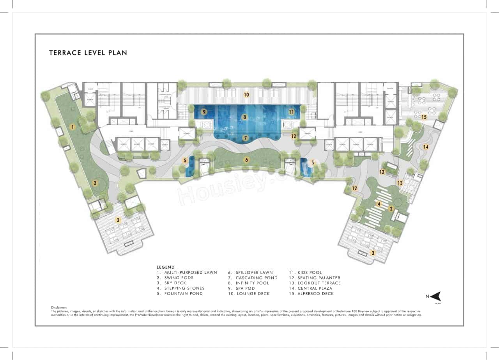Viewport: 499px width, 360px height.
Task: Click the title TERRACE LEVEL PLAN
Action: [x=88, y=53]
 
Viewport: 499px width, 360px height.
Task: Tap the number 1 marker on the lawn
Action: [x=72, y=127]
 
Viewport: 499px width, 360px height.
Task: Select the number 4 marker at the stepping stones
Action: [x=378, y=204]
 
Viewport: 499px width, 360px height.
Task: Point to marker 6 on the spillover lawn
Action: [x=246, y=160]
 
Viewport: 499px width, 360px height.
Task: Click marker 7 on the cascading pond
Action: [x=245, y=138]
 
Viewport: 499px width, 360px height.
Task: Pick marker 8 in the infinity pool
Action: [x=244, y=117]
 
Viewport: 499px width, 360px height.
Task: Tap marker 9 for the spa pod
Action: [x=203, y=112]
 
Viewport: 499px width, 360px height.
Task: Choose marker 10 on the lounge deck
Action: [x=246, y=94]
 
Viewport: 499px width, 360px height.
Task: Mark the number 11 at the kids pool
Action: [x=291, y=112]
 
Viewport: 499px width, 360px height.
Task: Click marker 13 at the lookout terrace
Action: [x=400, y=183]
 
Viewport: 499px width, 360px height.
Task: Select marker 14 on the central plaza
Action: [x=426, y=147]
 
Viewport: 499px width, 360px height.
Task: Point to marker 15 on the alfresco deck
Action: [x=424, y=117]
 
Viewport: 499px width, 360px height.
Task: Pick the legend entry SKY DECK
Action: [x=175, y=283]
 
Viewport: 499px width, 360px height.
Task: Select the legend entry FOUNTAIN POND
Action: [x=180, y=294]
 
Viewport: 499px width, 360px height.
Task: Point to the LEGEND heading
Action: [x=166, y=267]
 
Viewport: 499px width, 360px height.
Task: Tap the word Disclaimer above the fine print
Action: [x=59, y=308]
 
